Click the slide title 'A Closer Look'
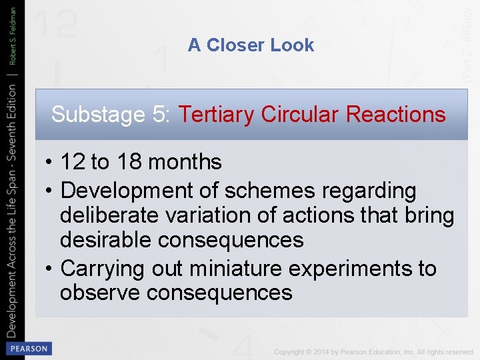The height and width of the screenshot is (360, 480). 251,45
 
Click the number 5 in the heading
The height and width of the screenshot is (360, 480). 161,115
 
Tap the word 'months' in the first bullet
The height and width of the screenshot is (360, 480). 185,161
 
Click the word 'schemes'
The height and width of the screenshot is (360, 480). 271,191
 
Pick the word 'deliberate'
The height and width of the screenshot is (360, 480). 107,215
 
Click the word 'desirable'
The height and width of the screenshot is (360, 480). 104,240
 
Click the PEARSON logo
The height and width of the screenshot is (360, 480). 27,348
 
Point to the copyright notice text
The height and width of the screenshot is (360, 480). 373,351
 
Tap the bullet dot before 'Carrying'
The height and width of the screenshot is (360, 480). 51,269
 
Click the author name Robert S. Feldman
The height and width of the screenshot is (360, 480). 13,36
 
